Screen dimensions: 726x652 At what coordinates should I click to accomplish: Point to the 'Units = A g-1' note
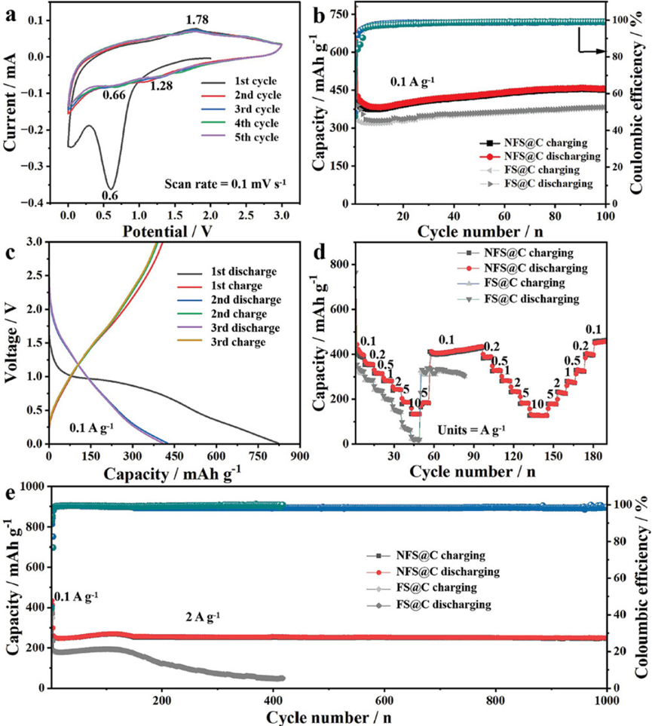click(471, 430)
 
